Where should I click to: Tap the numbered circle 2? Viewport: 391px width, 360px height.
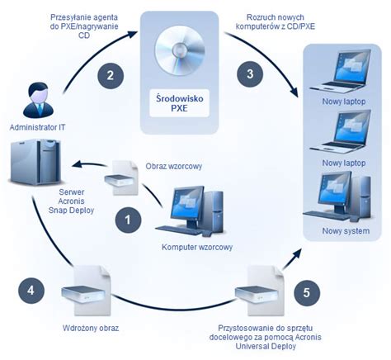click(x=109, y=75)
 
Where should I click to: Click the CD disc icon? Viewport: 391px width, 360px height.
click(x=186, y=48)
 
